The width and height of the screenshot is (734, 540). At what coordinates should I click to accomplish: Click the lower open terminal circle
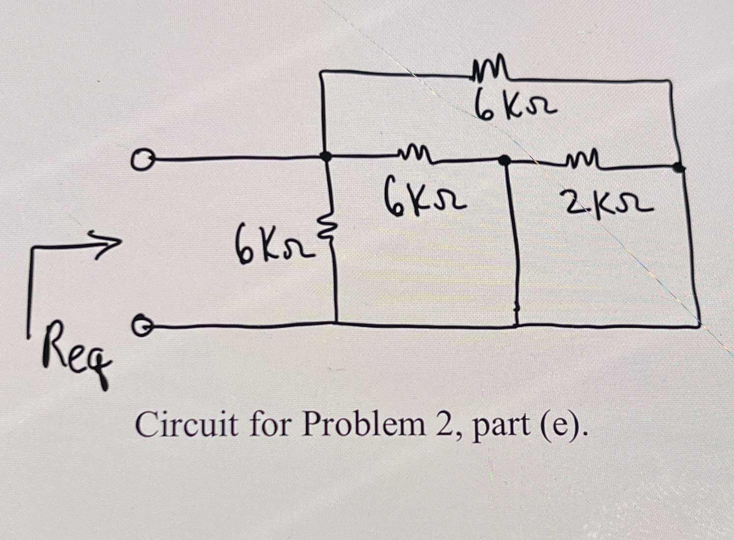tap(140, 325)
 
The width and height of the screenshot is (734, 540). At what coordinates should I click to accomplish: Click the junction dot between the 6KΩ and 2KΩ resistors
tap(504, 160)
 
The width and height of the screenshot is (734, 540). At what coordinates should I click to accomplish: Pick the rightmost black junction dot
tap(679, 167)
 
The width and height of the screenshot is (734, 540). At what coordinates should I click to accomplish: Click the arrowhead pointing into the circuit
tap(110, 241)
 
